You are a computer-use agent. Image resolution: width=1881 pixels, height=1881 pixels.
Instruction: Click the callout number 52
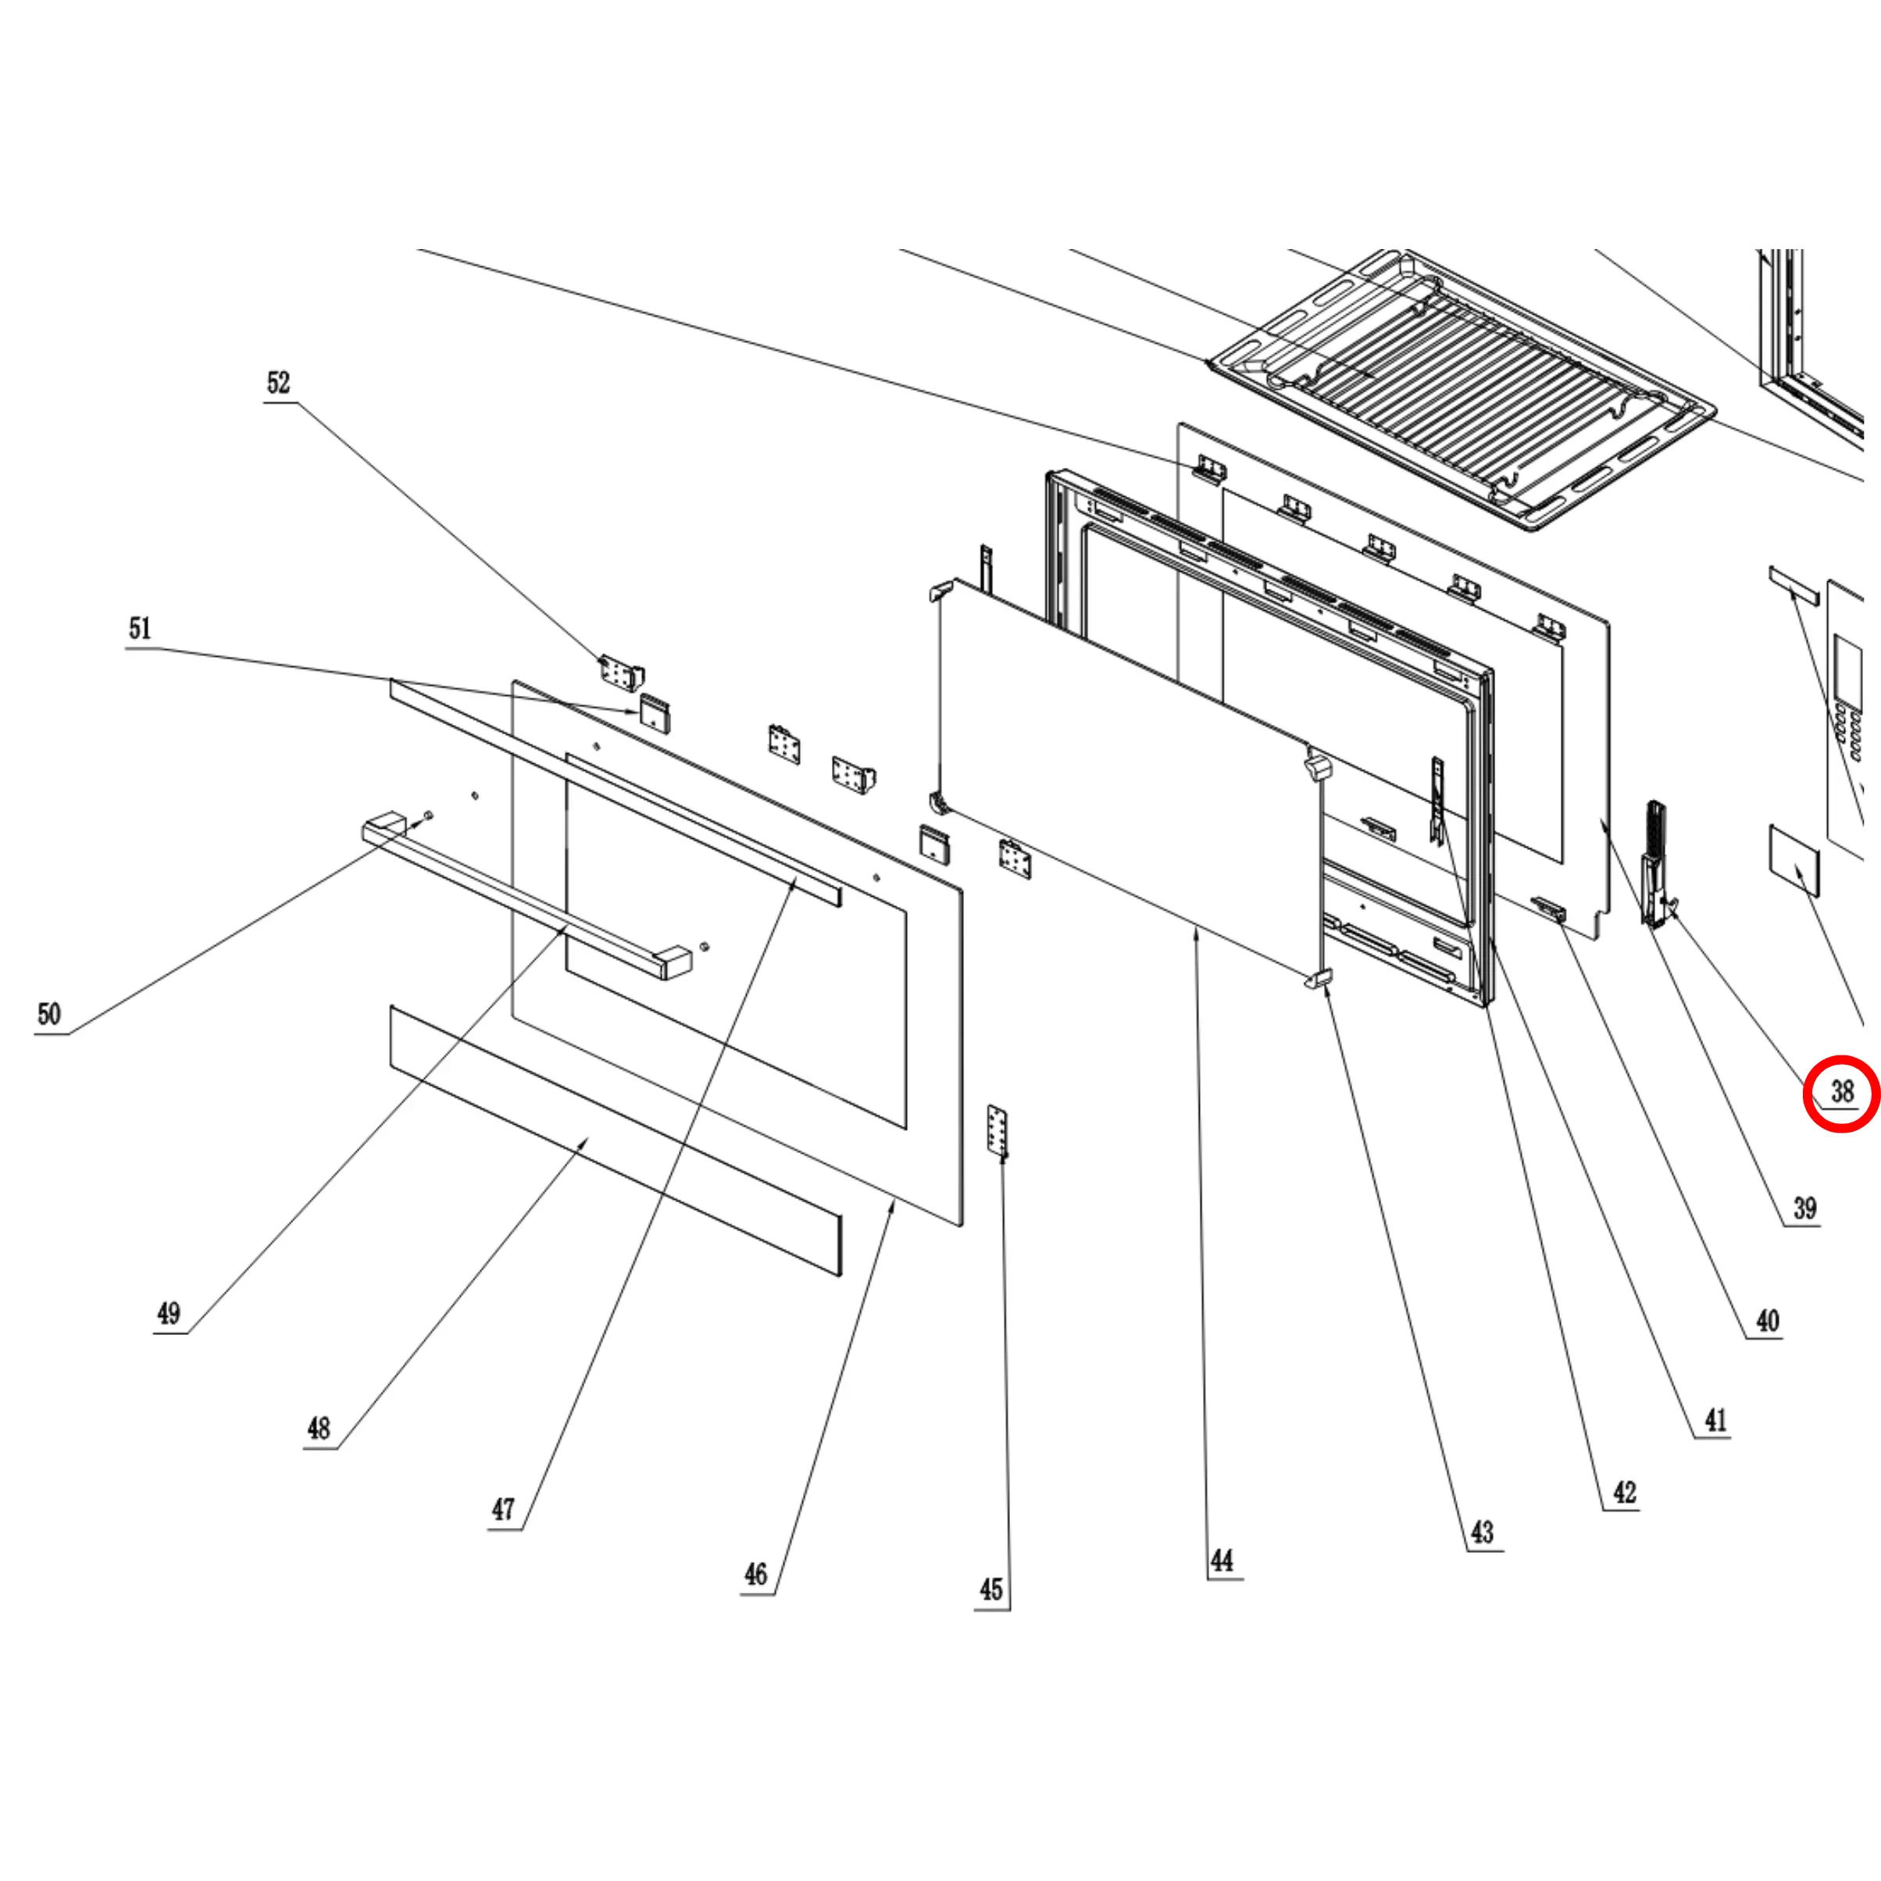tap(278, 383)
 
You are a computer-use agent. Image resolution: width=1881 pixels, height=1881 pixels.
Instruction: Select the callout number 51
tap(140, 628)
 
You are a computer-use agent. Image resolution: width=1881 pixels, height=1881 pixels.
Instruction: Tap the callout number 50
tap(48, 1015)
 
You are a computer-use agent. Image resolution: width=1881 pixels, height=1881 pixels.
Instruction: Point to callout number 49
tap(169, 1313)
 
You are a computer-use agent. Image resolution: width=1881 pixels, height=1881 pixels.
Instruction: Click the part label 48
tap(319, 1428)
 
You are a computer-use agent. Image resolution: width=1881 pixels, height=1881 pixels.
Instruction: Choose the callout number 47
tap(502, 1509)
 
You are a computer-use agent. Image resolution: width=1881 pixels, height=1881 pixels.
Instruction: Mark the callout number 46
tap(755, 1574)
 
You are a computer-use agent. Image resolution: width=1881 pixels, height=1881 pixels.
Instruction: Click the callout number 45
tap(991, 1590)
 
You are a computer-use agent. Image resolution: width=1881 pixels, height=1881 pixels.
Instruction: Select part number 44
tap(1222, 1561)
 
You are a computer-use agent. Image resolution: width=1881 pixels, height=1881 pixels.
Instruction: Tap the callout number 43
tap(1482, 1533)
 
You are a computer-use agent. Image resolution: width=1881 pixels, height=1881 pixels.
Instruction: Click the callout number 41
tap(1715, 1420)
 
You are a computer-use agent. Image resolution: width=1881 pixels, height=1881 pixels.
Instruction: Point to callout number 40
tap(1767, 1321)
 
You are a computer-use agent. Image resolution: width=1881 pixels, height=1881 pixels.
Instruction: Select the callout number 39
tap(1805, 1208)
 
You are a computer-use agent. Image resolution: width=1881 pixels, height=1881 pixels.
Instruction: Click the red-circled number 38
tap(1842, 1092)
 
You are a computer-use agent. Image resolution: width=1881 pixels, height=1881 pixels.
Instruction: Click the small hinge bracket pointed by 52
tap(619, 672)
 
